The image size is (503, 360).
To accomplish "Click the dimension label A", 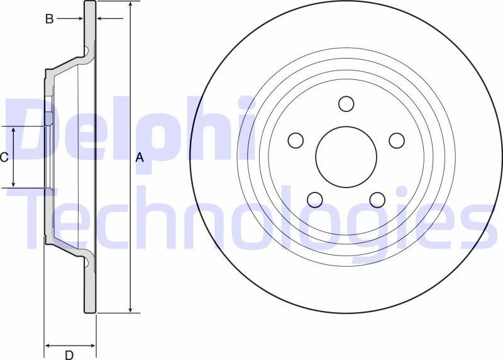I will (140, 159).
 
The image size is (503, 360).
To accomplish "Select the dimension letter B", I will (48, 19).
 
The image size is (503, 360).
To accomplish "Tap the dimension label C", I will (4, 157).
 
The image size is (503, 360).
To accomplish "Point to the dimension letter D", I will (69, 355).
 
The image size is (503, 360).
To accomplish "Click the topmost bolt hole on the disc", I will (346, 103).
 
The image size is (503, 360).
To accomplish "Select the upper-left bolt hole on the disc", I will (296, 140).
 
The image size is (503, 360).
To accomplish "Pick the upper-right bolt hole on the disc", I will (396, 140).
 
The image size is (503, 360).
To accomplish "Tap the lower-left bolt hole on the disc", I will (315, 200).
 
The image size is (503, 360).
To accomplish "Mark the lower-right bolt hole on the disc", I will (377, 200).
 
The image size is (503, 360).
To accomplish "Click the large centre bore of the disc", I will (346, 157).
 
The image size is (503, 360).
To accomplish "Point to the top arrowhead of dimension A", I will (130, 5).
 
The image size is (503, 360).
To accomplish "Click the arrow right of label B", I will (79, 19).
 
